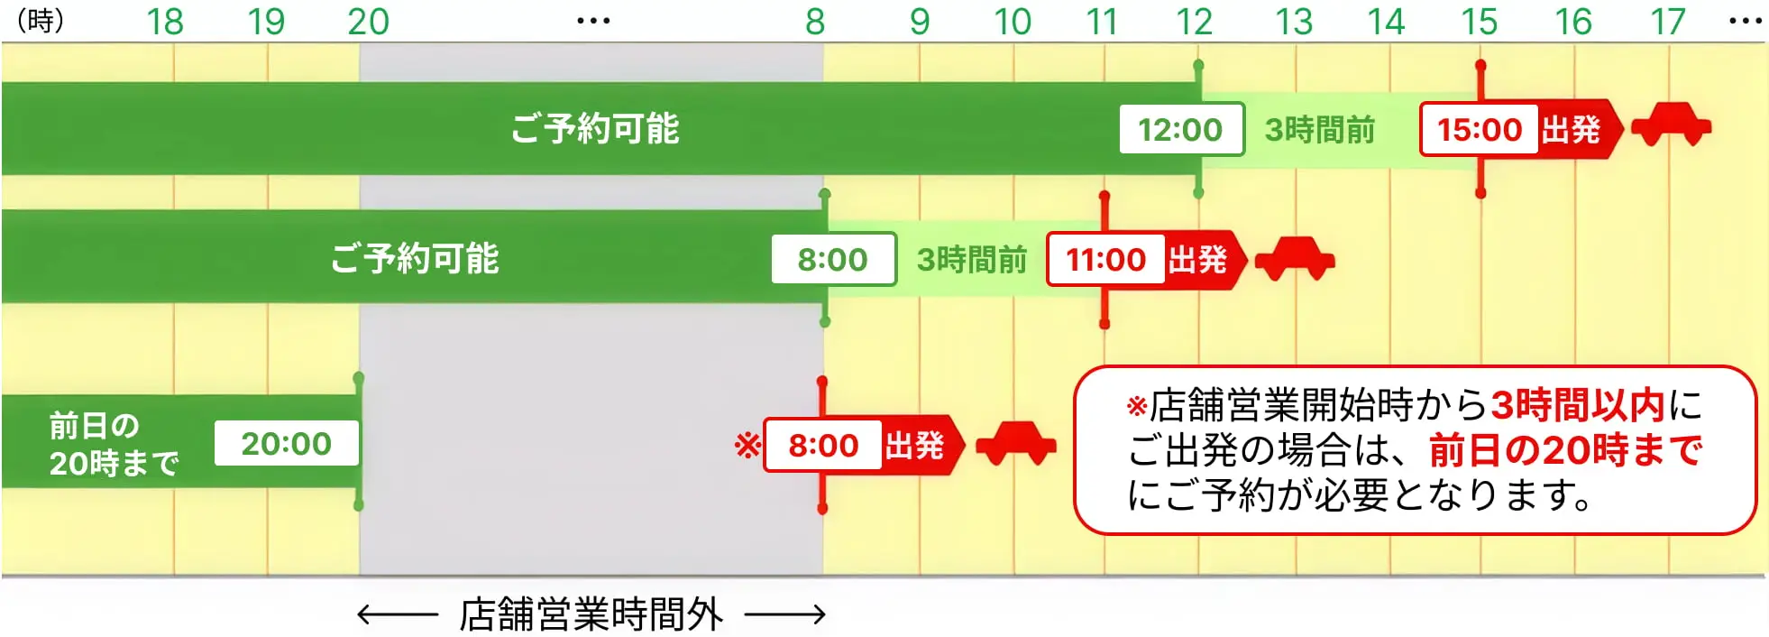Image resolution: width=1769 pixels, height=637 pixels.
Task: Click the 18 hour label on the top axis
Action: point(165,22)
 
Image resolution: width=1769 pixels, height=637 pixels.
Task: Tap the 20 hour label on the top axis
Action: point(368,22)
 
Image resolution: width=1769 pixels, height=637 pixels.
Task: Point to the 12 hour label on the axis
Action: point(1194,22)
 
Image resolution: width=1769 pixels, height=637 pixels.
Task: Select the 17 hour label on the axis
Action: point(1667,22)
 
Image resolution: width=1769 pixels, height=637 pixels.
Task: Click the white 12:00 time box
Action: point(1180,130)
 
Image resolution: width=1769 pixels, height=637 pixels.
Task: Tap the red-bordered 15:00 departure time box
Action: point(1479,130)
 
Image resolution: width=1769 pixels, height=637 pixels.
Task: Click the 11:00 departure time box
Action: point(1105,260)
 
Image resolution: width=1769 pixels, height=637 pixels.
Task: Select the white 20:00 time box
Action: point(286,444)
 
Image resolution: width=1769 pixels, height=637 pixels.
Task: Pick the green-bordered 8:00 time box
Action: point(832,260)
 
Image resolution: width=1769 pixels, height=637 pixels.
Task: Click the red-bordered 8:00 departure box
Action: point(822,446)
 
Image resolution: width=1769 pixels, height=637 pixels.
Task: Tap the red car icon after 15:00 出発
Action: point(1671,125)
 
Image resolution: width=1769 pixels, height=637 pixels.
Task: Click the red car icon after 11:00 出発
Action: point(1295,259)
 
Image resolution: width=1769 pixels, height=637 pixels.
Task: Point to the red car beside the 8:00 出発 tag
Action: point(1016,443)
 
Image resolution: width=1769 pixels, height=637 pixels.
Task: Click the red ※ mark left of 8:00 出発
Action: point(747,446)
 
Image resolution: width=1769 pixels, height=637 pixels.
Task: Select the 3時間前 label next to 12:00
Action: point(1319,130)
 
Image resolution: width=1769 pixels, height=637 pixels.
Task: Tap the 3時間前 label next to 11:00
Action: point(971,260)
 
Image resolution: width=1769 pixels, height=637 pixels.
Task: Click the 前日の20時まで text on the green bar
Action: point(114,444)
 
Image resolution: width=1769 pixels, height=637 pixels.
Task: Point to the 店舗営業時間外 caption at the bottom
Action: point(591,615)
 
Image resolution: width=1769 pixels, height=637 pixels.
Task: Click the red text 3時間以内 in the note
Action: point(1577,406)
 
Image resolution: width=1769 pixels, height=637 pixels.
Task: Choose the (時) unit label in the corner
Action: point(41,21)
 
